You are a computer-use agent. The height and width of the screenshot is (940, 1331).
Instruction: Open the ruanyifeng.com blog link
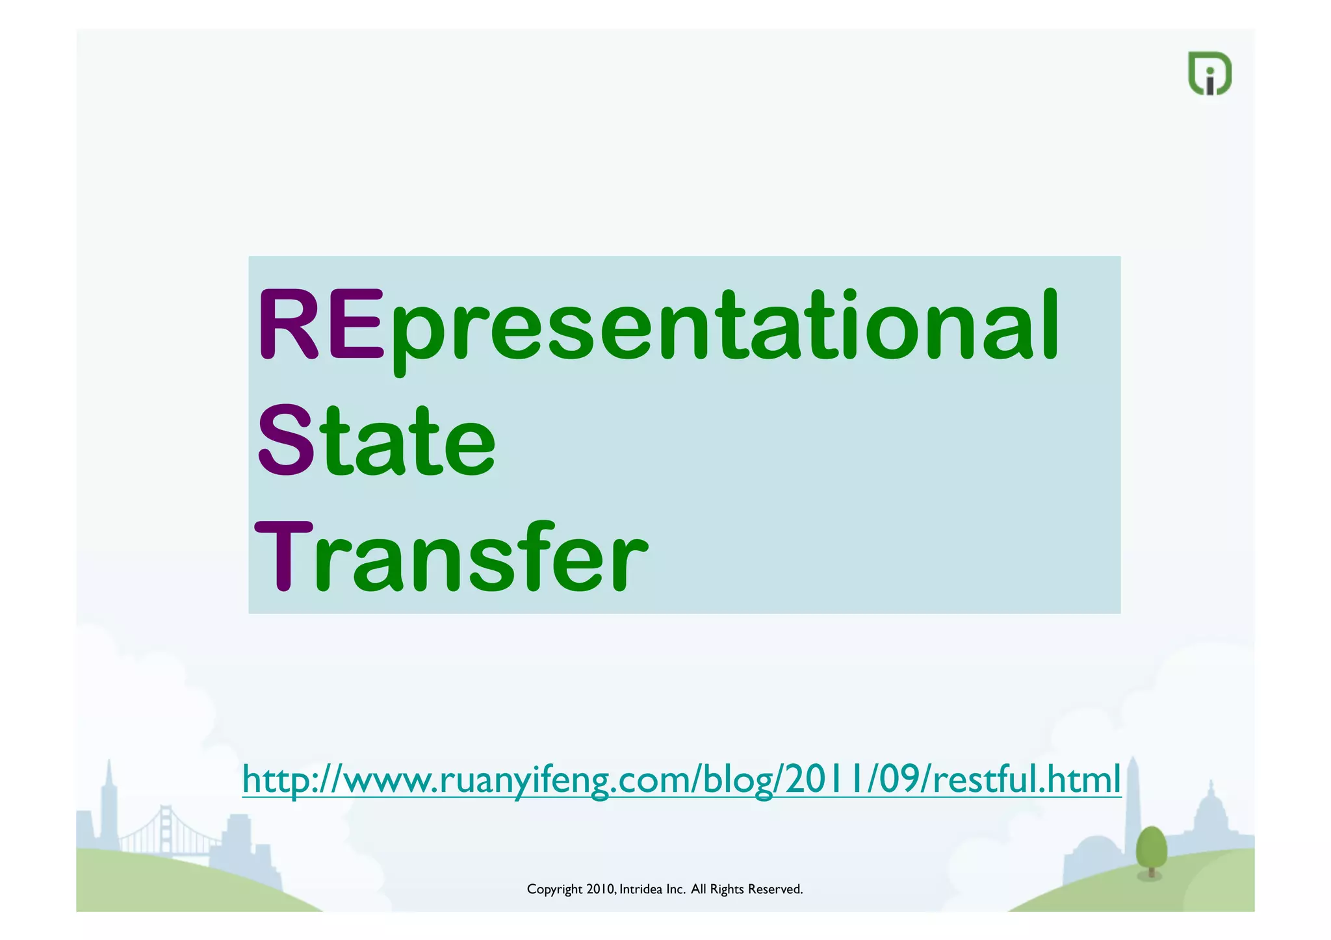(x=681, y=779)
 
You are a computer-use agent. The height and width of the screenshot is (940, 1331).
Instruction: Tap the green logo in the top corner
(x=1209, y=73)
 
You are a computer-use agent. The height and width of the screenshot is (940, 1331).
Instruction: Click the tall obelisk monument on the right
(x=1133, y=799)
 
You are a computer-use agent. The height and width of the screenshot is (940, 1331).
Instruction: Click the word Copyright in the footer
(x=554, y=889)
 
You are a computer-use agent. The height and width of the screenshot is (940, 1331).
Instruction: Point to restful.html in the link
(x=1027, y=779)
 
